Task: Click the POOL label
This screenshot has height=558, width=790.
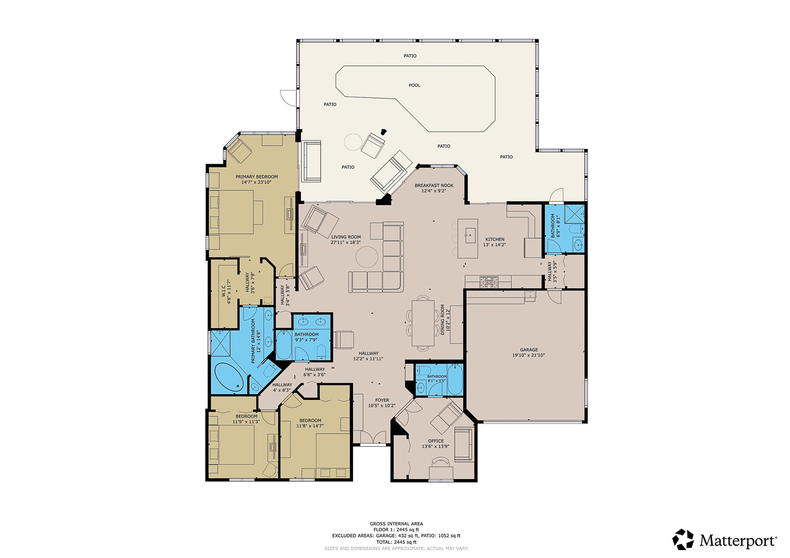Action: coord(414,85)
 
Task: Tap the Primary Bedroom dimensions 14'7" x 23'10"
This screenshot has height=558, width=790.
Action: coord(256,182)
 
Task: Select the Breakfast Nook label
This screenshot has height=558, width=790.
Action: coord(434,185)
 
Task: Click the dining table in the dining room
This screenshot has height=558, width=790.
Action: coord(423,323)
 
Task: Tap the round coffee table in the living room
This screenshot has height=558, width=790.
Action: coord(367,257)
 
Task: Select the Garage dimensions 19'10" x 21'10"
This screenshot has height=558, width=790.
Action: coord(528,355)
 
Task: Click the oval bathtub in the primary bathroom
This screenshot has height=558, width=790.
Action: coord(229,378)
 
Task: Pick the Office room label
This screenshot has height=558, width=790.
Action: coord(436,441)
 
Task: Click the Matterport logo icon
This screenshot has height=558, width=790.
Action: coord(683,540)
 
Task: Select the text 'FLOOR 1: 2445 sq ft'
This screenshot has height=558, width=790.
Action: coord(396,530)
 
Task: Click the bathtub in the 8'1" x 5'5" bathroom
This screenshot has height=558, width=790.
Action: coord(455,380)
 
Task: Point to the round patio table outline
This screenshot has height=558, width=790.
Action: coord(353,142)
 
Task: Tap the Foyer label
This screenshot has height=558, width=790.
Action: coord(382,400)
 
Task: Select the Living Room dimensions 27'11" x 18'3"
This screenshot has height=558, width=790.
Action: coord(346,242)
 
